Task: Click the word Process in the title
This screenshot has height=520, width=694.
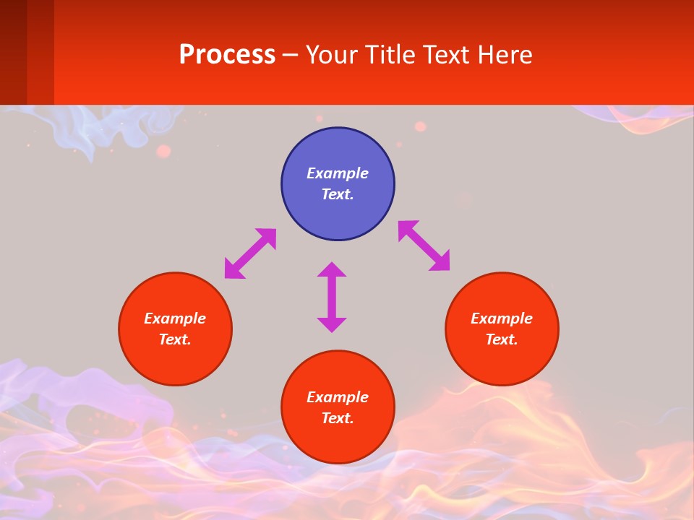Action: coord(227,55)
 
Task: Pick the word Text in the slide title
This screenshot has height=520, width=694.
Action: coord(448,55)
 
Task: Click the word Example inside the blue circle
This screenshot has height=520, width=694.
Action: coord(338,173)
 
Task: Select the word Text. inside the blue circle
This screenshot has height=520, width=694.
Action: coord(338,194)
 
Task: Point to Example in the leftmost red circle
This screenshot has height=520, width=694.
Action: coord(175,318)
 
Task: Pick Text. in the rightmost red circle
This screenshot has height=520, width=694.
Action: coord(502,339)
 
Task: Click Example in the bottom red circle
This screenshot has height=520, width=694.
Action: coord(338,397)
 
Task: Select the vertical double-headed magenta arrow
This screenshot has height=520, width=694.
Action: coord(332,297)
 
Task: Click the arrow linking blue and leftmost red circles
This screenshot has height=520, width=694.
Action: coord(251,253)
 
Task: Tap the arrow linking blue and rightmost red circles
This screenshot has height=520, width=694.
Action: coord(424,246)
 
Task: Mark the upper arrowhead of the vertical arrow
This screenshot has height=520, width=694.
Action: coord(332,269)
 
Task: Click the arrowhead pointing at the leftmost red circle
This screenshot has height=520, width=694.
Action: coord(233,270)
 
